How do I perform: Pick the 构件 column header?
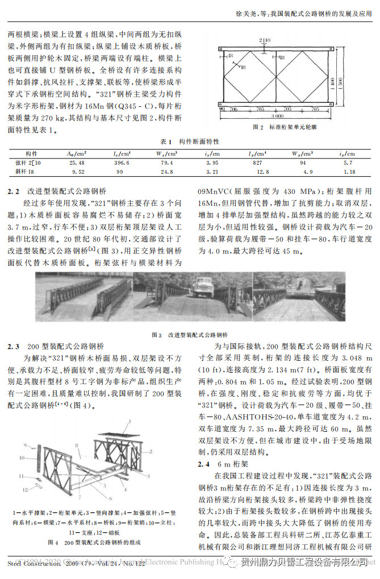coord(32,154)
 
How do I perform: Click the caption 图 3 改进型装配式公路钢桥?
coord(190,335)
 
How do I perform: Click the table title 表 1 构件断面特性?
coord(190,141)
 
